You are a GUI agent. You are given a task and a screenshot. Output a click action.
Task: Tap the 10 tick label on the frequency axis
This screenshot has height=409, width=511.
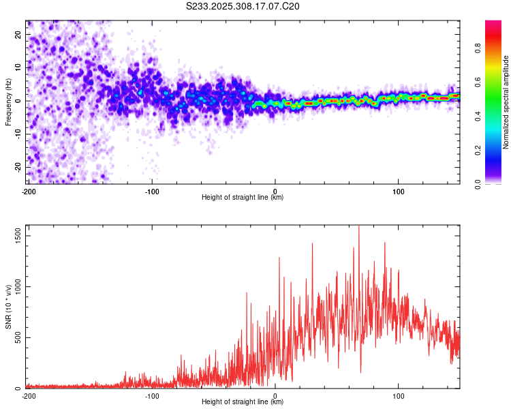(x=19, y=67)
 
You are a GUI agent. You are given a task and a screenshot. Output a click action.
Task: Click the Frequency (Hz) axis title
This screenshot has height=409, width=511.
(x=8, y=101)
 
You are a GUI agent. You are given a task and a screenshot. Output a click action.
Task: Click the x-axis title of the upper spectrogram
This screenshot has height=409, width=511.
(x=243, y=198)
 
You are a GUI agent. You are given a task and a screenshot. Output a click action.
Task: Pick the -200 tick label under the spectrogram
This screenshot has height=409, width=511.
(x=28, y=191)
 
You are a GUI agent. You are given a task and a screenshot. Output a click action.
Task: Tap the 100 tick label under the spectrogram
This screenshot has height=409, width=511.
(x=399, y=191)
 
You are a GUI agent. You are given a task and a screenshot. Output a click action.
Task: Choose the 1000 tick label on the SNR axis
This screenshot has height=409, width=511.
(x=15, y=286)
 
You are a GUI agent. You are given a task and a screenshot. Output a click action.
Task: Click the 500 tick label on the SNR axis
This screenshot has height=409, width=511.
(x=17, y=337)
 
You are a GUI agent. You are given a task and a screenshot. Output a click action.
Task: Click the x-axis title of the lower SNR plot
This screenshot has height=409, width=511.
(x=243, y=402)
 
